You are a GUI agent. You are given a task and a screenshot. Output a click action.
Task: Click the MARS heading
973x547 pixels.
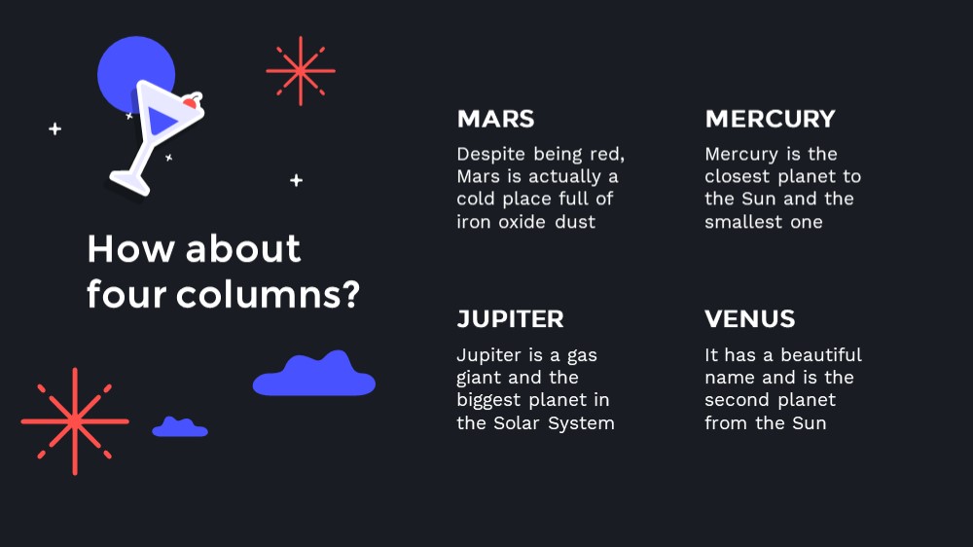495,119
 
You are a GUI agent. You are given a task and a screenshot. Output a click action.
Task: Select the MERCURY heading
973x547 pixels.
770,119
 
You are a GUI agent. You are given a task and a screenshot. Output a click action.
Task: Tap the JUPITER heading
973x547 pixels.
510,319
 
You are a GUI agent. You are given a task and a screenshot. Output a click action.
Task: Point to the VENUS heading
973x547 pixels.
749,319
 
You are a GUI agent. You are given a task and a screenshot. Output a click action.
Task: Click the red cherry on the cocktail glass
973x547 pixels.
191,102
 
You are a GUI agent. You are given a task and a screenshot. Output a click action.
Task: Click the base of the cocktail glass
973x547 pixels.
129,183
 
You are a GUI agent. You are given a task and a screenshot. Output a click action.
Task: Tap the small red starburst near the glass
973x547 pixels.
301,71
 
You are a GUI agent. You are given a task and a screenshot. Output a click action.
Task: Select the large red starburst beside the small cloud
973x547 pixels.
75,421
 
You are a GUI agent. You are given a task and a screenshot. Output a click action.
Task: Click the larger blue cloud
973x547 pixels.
314,374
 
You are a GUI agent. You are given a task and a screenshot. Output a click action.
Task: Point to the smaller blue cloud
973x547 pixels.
180,427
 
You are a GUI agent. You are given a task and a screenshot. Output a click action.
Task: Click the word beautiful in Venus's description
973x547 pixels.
821,354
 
